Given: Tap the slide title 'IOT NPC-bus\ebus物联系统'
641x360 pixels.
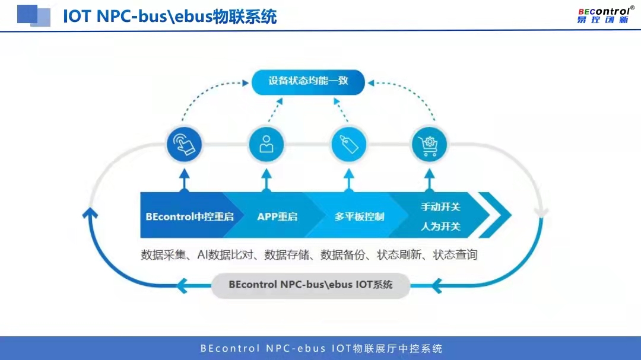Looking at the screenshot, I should click(x=170, y=16).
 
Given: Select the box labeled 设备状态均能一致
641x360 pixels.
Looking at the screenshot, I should click(x=308, y=81).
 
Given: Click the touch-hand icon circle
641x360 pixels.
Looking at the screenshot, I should click(x=184, y=144).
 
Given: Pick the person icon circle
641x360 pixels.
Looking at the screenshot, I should click(x=266, y=144).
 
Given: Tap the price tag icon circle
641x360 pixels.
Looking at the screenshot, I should click(x=348, y=144).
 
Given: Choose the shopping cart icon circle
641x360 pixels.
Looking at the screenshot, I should click(x=429, y=144).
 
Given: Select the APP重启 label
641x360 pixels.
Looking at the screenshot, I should click(x=277, y=216).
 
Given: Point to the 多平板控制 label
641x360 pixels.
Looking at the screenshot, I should click(x=359, y=216).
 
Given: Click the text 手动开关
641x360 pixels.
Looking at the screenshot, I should click(x=440, y=207).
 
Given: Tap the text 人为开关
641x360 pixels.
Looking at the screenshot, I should click(x=440, y=226).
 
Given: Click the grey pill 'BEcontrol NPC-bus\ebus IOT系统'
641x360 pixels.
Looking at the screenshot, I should click(x=310, y=285).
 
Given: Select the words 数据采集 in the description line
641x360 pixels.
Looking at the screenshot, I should click(x=161, y=255).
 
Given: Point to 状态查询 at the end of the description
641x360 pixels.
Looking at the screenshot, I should click(x=455, y=255).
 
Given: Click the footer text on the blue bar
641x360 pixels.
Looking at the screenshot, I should click(x=321, y=348).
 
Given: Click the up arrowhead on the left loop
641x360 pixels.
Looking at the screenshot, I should click(x=90, y=212).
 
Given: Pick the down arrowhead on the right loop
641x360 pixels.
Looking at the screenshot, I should click(x=541, y=212).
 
